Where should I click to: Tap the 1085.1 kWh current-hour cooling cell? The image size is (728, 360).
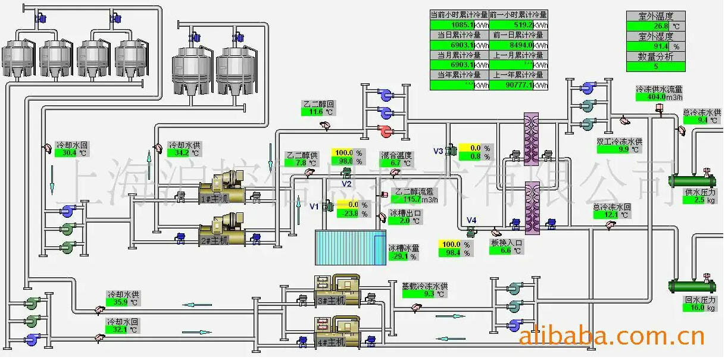[x=452, y=25]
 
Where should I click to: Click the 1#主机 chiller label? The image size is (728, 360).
[x=214, y=199]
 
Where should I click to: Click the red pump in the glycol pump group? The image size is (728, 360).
[x=385, y=130]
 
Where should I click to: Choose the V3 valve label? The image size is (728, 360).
[x=438, y=151]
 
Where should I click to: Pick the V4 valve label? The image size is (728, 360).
[x=471, y=221]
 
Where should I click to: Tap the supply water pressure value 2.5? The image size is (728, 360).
[x=694, y=201]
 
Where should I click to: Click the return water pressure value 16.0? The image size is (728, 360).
[x=694, y=308]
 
